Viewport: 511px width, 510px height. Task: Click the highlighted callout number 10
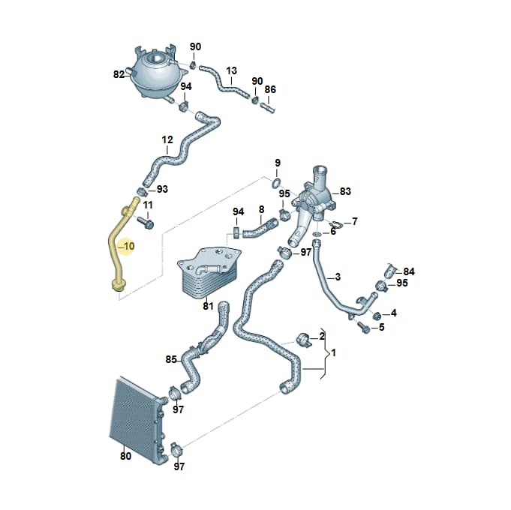pos(129,246)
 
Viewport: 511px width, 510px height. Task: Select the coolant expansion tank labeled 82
pos(157,74)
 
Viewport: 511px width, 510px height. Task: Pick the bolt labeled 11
pos(146,223)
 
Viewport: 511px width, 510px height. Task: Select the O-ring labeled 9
pos(275,184)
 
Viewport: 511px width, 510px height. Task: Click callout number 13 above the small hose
pos(231,70)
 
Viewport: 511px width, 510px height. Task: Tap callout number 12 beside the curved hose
pos(167,140)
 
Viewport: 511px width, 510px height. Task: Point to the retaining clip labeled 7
pos(335,224)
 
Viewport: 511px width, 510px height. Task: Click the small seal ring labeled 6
pos(317,234)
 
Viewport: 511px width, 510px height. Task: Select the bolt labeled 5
pos(364,327)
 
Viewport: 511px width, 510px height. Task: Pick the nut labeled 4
pos(377,315)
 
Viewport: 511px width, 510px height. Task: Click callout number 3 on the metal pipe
pos(338,277)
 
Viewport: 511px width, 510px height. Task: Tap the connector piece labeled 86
pos(269,108)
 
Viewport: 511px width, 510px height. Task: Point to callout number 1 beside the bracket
pos(333,352)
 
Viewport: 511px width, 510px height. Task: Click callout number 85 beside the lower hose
pos(171,360)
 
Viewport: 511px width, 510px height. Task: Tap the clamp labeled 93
pos(141,191)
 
